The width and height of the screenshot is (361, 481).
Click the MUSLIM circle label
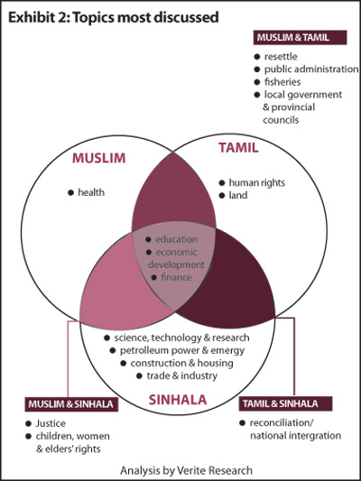click(98, 158)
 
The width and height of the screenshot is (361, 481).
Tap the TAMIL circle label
click(238, 148)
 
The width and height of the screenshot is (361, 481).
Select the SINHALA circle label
click(178, 400)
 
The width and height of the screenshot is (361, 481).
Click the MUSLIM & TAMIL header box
click(300, 37)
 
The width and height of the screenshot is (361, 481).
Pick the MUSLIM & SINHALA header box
click(71, 404)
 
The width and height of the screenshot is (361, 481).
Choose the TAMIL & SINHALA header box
click(285, 403)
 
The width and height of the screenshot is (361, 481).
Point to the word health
click(91, 192)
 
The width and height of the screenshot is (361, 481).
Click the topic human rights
click(257, 183)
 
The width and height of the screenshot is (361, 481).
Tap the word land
click(238, 195)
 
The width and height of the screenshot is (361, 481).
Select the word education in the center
click(176, 239)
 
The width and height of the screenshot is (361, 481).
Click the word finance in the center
click(176, 277)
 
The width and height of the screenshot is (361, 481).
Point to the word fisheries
click(282, 82)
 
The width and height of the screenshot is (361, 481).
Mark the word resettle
click(281, 57)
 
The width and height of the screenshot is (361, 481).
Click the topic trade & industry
click(182, 375)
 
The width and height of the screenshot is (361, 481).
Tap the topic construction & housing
click(182, 363)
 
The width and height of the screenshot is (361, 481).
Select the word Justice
click(51, 423)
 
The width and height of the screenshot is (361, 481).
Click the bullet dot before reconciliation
click(242, 423)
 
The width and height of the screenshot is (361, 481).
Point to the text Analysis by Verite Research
click(187, 470)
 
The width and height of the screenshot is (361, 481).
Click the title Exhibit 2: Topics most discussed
click(114, 17)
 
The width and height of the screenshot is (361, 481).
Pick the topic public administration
click(311, 69)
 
